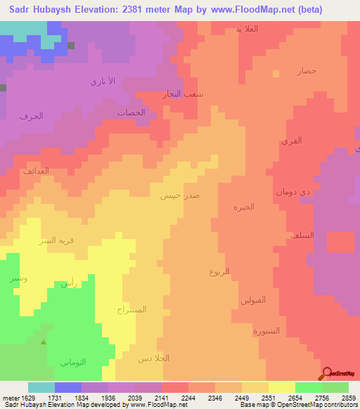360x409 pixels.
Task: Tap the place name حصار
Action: (307, 71)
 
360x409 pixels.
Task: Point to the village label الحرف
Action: (32, 116)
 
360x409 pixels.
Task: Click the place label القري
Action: (291, 141)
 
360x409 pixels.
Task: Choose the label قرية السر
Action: (56, 240)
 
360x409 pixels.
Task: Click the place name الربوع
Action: (219, 271)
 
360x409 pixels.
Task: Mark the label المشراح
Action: (132, 309)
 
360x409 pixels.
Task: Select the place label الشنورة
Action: (266, 330)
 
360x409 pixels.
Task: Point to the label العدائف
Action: (35, 171)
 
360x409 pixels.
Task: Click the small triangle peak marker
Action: (44, 343)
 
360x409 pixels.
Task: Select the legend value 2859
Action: (349, 398)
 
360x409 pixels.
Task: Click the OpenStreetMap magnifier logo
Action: (326, 373)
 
